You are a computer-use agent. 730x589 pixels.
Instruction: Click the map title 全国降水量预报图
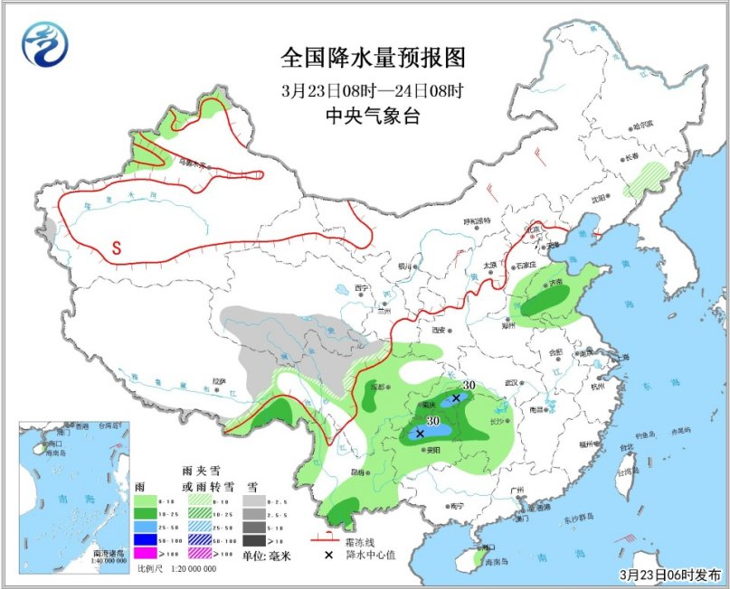pos(372,59)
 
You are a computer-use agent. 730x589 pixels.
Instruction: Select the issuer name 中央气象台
pos(373,115)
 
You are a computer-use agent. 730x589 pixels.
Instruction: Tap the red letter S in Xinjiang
pos(117,246)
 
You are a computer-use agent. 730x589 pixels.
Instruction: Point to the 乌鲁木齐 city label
pos(192,164)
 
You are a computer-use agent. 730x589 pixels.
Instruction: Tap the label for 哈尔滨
pos(642,126)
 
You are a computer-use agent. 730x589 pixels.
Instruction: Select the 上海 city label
pos(621,358)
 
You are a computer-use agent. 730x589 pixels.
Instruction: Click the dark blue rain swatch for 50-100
pos(143,539)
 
